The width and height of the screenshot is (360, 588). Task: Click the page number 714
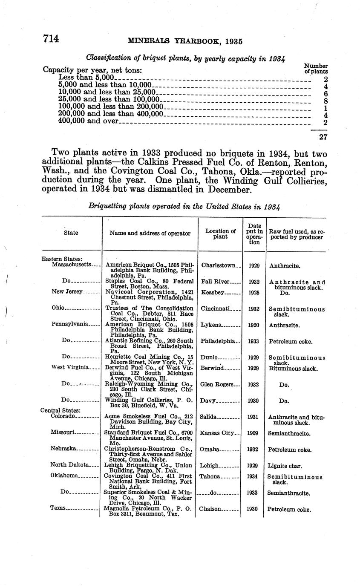pyautogui.click(x=50, y=39)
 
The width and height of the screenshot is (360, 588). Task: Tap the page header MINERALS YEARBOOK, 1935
pyautogui.click(x=185, y=41)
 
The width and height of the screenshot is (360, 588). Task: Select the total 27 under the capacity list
pyautogui.click(x=323, y=137)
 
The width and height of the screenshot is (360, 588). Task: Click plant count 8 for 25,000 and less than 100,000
pyautogui.click(x=325, y=101)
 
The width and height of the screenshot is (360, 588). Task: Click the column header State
pyautogui.click(x=71, y=233)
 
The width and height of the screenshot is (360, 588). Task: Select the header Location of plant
pyautogui.click(x=220, y=234)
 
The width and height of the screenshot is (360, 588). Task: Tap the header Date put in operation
pyautogui.click(x=254, y=233)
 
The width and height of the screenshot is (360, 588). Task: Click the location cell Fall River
pyautogui.click(x=216, y=282)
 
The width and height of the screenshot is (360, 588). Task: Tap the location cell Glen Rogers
pyautogui.click(x=216, y=384)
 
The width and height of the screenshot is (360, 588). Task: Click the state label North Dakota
pyautogui.click(x=69, y=465)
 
